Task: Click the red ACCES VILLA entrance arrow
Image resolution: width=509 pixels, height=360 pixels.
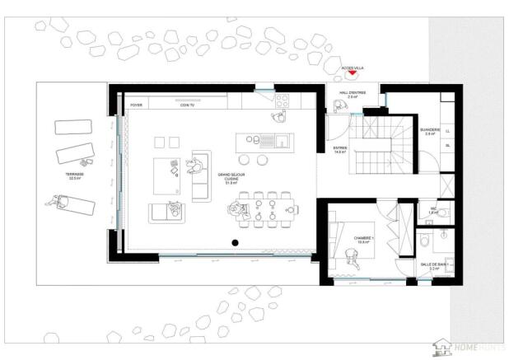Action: (x=353, y=73)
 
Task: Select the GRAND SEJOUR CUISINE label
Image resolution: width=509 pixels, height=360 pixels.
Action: (x=229, y=178)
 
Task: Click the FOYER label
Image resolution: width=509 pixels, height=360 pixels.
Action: (x=137, y=105)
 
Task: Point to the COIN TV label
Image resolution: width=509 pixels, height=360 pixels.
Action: (x=189, y=105)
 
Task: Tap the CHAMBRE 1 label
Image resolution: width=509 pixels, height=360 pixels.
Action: (x=364, y=240)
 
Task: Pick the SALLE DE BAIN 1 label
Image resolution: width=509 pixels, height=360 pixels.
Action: (x=434, y=265)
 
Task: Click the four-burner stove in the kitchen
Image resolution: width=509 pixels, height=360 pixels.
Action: (x=283, y=101)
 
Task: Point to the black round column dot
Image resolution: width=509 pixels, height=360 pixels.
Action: (x=235, y=242)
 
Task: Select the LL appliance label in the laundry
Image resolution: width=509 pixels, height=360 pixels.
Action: (x=447, y=131)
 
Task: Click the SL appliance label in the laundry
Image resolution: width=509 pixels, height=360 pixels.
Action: (x=447, y=146)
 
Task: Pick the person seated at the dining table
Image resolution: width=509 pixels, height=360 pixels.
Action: (x=240, y=212)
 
